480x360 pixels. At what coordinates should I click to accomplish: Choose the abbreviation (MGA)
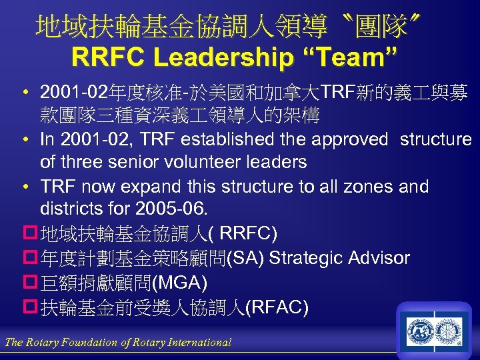click(180, 283)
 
